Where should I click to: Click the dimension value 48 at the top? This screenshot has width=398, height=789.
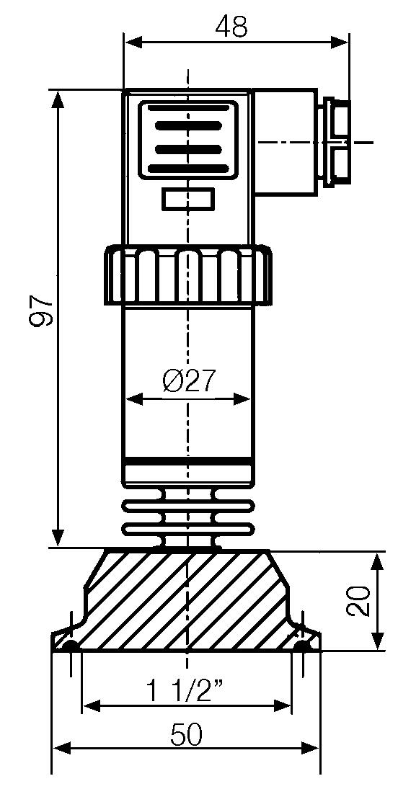coord(231,27)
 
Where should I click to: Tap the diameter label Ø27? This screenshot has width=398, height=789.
coord(189,380)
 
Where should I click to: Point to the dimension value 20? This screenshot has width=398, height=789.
coord(358,600)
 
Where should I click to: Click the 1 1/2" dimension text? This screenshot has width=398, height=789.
coord(183,693)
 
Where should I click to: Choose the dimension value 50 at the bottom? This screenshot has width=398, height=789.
coord(186,735)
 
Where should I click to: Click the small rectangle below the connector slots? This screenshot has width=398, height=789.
coord(188,199)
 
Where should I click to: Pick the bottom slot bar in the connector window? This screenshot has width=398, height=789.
coord(188,169)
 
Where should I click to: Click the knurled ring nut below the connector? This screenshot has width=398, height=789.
coord(189,275)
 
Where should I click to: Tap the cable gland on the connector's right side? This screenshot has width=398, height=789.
coord(336,143)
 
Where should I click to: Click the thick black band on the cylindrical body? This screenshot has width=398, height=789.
coord(189,460)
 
